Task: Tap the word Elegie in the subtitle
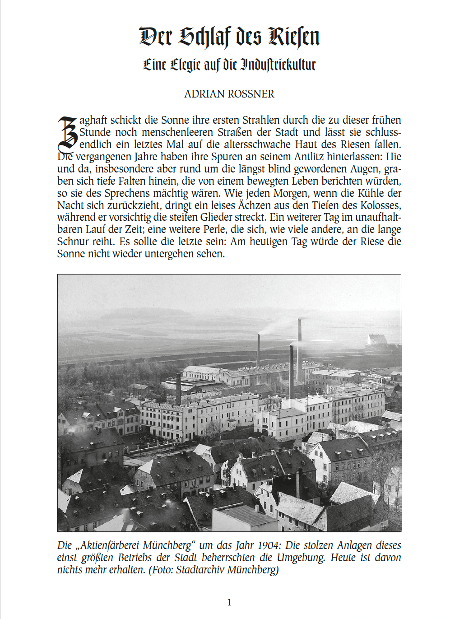click(185, 65)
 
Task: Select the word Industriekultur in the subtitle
click(278, 64)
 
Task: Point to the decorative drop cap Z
click(67, 134)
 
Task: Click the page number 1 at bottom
click(229, 602)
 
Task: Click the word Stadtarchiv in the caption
click(200, 570)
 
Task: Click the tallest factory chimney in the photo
click(299, 348)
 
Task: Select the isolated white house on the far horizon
click(377, 339)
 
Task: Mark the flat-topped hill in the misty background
click(144, 313)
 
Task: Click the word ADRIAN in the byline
click(202, 94)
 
